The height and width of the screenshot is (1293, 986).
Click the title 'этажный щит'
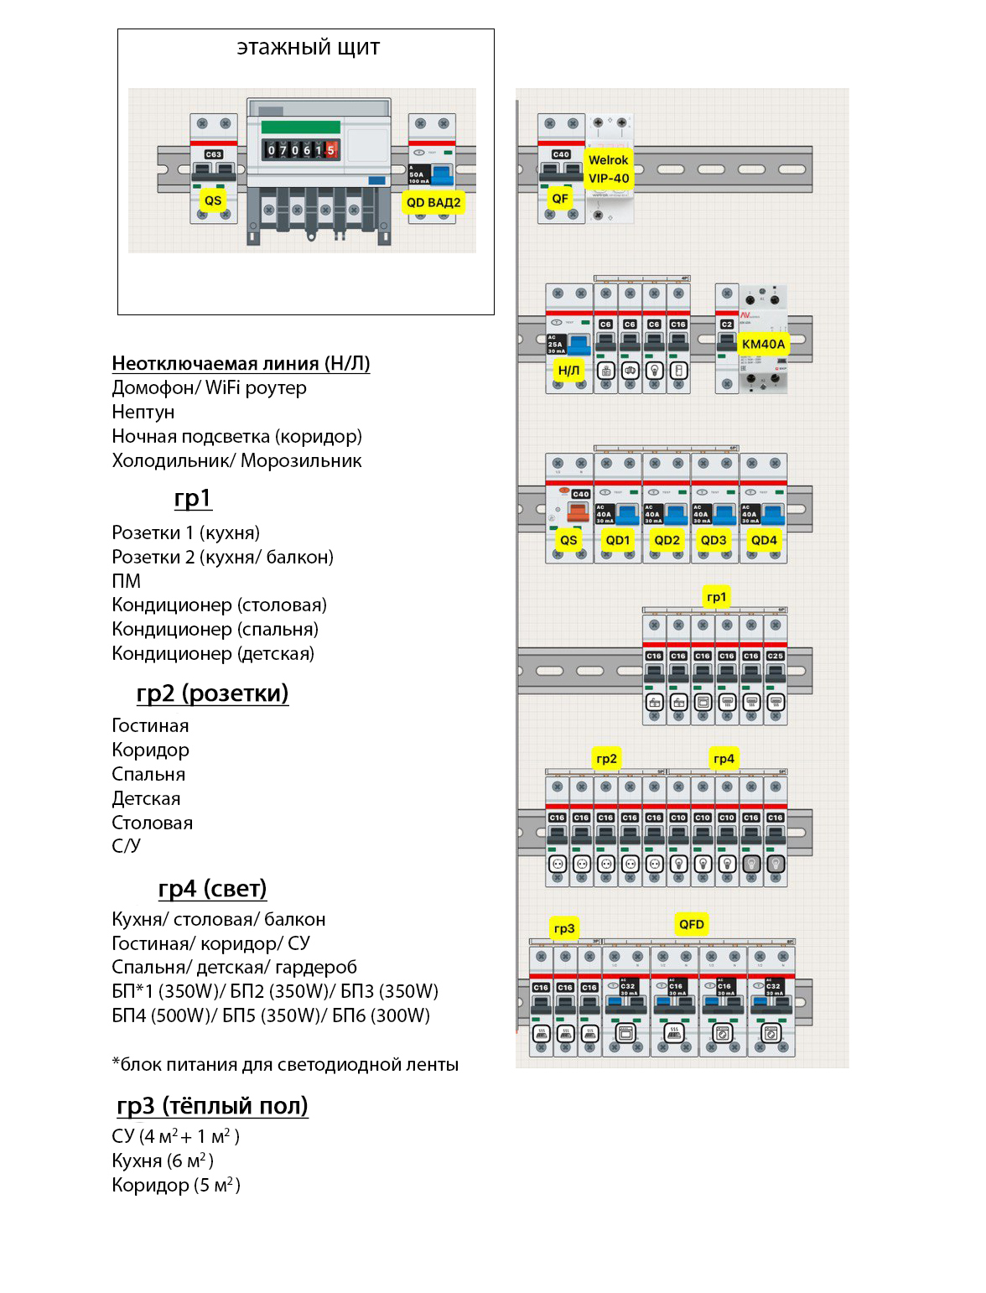pyautogui.click(x=308, y=48)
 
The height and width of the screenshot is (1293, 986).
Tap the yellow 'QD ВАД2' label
pyautogui.click(x=433, y=202)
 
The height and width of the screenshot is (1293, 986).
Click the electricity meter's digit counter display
pyautogui.click(x=301, y=150)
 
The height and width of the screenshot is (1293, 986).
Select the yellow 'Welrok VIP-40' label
pyautogui.click(x=609, y=169)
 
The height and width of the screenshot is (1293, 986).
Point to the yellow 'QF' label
pyautogui.click(x=560, y=199)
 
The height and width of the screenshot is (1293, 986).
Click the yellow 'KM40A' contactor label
pyautogui.click(x=763, y=344)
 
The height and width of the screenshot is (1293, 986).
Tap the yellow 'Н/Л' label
pyautogui.click(x=568, y=370)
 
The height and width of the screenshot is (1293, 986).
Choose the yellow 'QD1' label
pyautogui.click(x=618, y=540)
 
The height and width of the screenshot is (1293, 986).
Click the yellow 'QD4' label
pyautogui.click(x=764, y=540)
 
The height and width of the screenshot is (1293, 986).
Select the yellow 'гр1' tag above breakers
pyautogui.click(x=716, y=597)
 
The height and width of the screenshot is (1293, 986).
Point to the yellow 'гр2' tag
pyautogui.click(x=606, y=759)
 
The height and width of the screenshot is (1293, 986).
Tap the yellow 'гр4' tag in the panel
pyautogui.click(x=724, y=759)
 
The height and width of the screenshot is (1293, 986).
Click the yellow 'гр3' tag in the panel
pyautogui.click(x=564, y=928)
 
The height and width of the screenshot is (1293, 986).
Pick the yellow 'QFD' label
pyautogui.click(x=692, y=924)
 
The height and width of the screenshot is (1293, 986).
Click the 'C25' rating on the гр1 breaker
pyautogui.click(x=776, y=656)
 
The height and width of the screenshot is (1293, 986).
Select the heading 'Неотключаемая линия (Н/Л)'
pyautogui.click(x=241, y=363)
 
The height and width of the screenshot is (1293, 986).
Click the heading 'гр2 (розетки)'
pyautogui.click(x=212, y=693)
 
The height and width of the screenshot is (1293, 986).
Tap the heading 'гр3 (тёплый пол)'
pyautogui.click(x=212, y=1106)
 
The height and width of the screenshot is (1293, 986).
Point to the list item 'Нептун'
pyautogui.click(x=143, y=412)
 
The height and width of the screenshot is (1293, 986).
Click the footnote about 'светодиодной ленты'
pyautogui.click(x=285, y=1065)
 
